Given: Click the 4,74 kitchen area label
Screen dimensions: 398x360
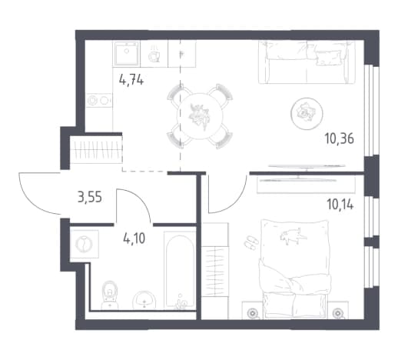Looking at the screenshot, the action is [x=131, y=80].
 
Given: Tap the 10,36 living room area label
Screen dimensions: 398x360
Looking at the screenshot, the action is [x=340, y=138].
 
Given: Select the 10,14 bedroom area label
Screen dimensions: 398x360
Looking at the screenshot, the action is [x=340, y=205].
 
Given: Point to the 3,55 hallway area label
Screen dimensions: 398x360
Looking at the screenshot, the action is [x=90, y=198].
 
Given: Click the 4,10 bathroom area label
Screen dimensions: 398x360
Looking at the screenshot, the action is [x=134, y=238].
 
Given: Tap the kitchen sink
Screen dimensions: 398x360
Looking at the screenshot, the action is [x=126, y=53].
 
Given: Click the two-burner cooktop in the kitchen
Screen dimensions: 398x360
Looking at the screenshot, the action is [x=99, y=100].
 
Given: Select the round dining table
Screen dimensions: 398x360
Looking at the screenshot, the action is [x=200, y=116].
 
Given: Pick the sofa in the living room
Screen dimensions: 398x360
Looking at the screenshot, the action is [x=307, y=62].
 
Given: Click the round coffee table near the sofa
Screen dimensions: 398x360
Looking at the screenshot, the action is [x=307, y=113].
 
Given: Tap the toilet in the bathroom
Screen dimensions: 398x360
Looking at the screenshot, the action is [x=110, y=295].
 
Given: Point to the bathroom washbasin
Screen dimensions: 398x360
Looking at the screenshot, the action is [x=144, y=300].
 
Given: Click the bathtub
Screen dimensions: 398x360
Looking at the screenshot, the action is [x=180, y=271].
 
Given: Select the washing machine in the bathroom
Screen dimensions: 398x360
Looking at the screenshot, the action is [x=84, y=244].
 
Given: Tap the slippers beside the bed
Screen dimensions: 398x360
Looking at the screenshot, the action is [x=251, y=242].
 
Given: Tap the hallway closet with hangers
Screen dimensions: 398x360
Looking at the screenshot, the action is [x=96, y=150].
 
